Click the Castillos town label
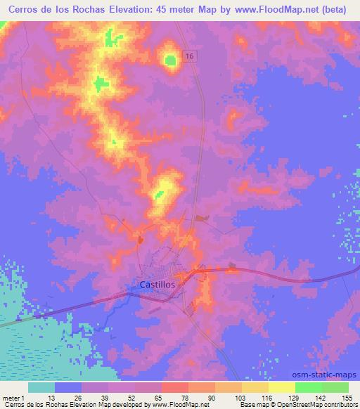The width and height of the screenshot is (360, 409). point(153,285)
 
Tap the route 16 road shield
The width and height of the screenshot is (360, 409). point(190,56)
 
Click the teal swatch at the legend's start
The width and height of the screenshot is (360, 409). point(41,387)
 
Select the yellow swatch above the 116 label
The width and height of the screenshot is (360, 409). point(255,387)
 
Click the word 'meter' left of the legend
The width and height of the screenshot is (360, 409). point(11,397)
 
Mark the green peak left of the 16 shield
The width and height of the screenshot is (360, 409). point(170,60)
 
